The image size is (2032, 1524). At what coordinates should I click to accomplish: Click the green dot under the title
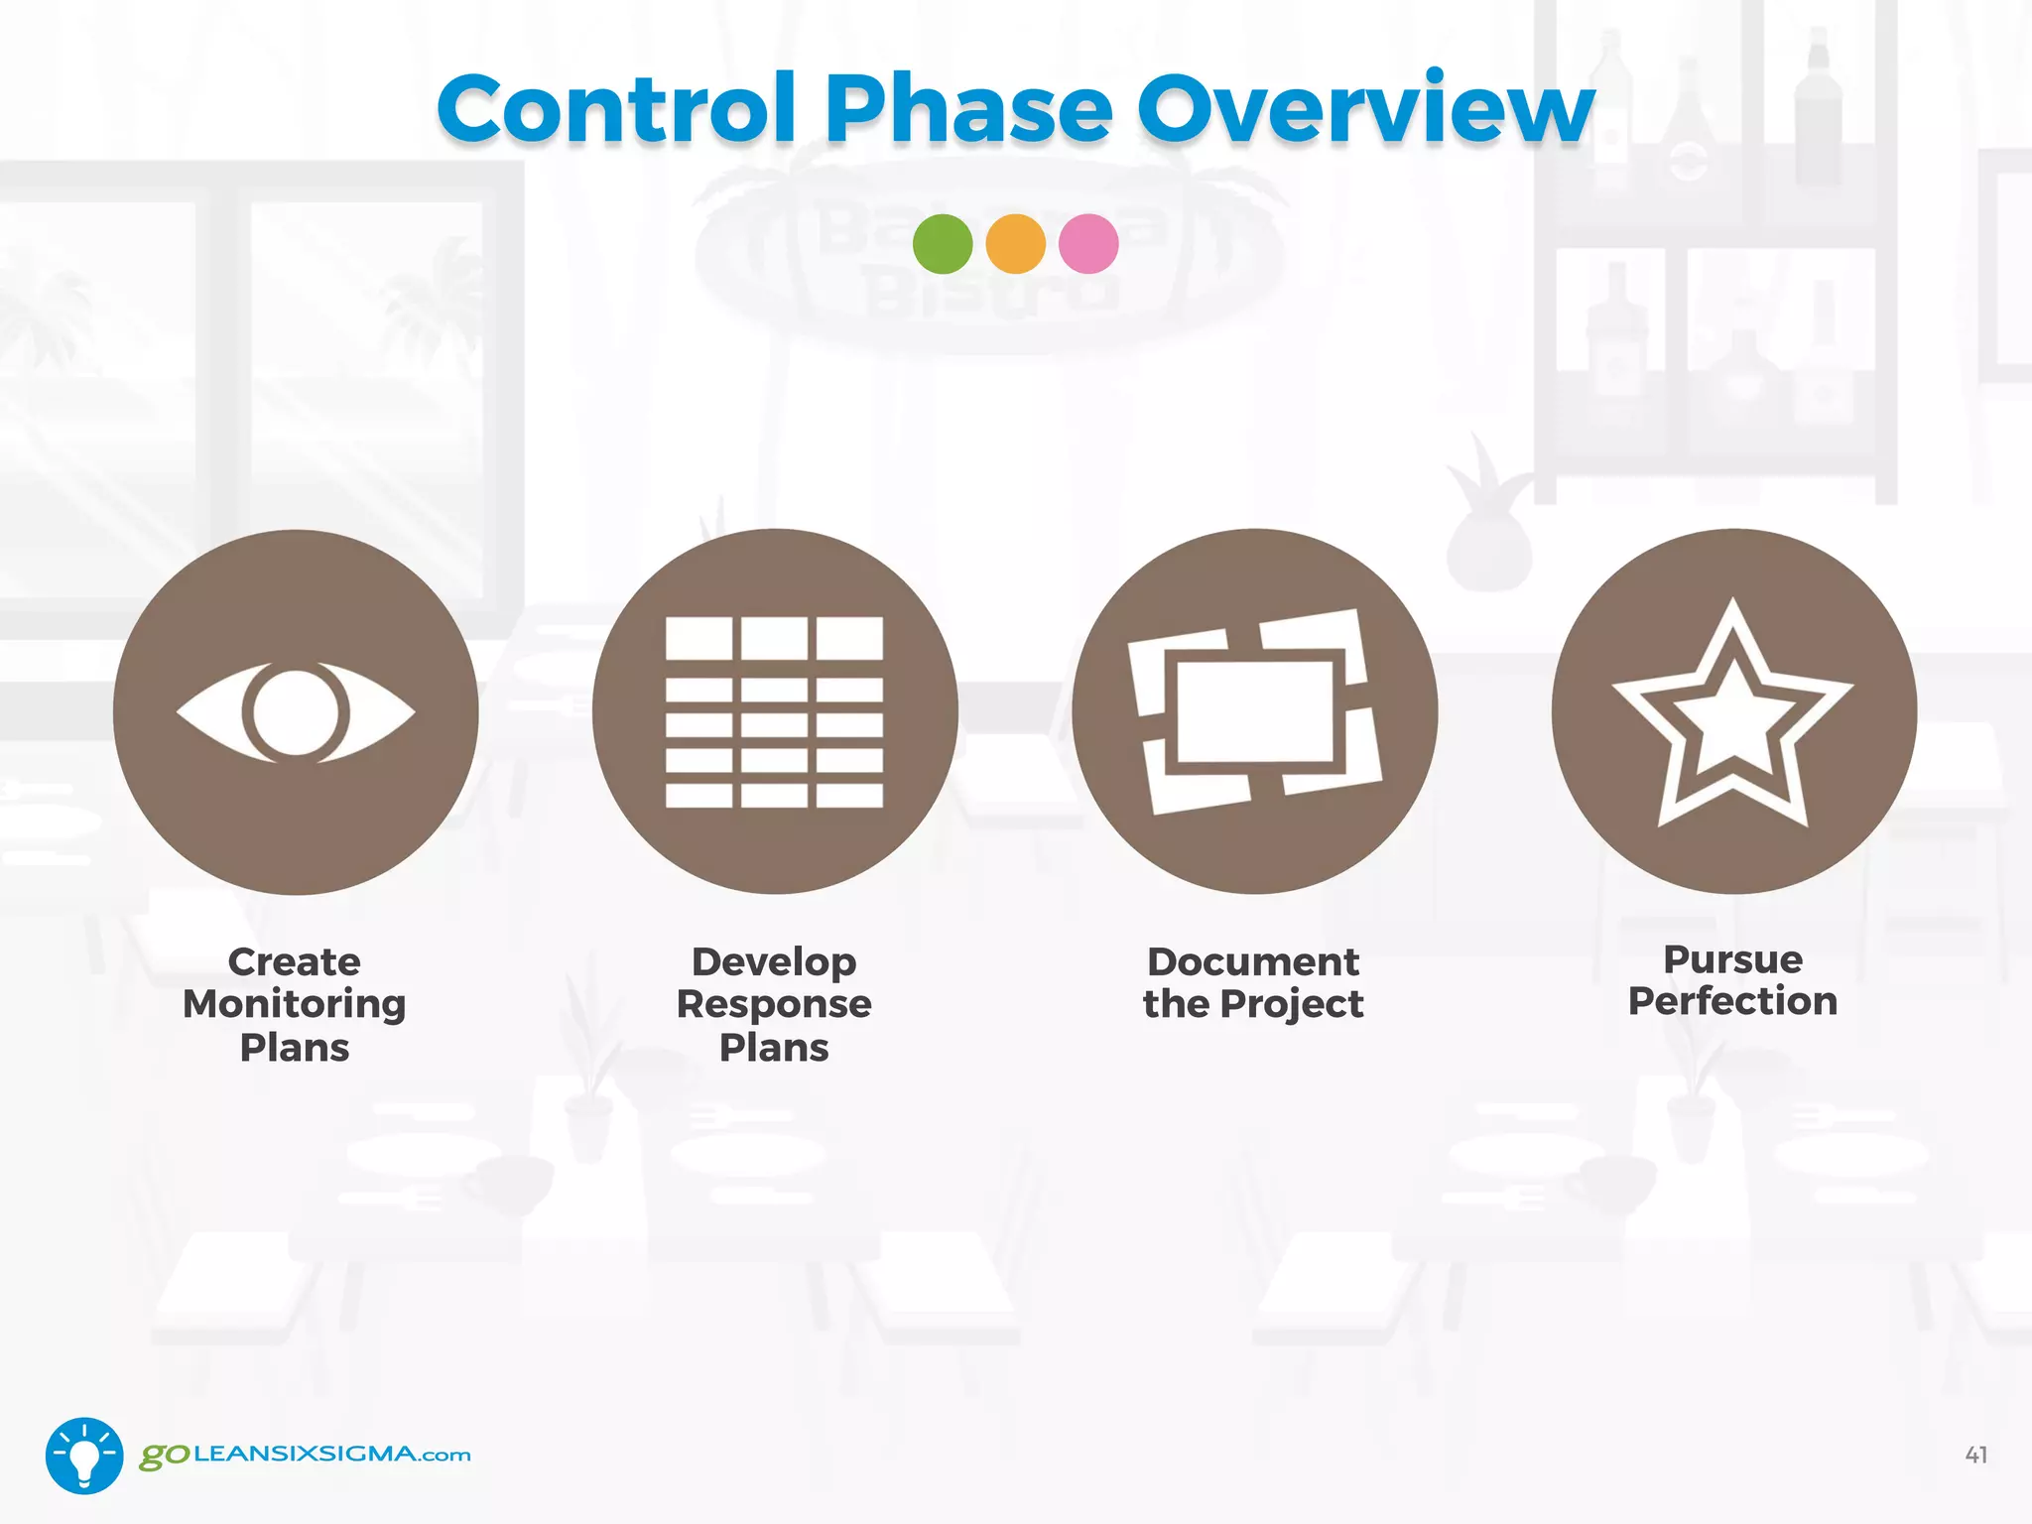[x=943, y=244]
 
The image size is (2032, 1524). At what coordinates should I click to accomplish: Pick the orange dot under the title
[x=1015, y=244]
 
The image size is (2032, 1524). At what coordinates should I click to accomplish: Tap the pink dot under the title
[x=1088, y=244]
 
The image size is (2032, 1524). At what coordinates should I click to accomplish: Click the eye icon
[x=296, y=712]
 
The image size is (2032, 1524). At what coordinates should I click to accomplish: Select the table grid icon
[x=774, y=711]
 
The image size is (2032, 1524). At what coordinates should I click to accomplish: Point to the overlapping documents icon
[x=1254, y=711]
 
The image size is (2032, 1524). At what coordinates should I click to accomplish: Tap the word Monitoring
[x=295, y=1004]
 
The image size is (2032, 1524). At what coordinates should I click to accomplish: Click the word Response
[x=774, y=1004]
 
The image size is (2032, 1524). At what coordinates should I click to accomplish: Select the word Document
[x=1253, y=961]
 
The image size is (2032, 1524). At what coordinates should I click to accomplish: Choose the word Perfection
[x=1733, y=1001]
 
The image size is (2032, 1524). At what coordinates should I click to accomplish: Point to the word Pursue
[x=1733, y=959]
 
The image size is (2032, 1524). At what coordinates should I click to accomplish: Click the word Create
[x=295, y=961]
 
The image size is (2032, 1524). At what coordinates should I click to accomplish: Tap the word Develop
[x=774, y=961]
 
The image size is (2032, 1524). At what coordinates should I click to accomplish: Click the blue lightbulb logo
[x=84, y=1455]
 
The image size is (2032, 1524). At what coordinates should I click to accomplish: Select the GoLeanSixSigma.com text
[x=306, y=1455]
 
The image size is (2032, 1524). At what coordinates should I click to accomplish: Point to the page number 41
[x=1975, y=1455]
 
